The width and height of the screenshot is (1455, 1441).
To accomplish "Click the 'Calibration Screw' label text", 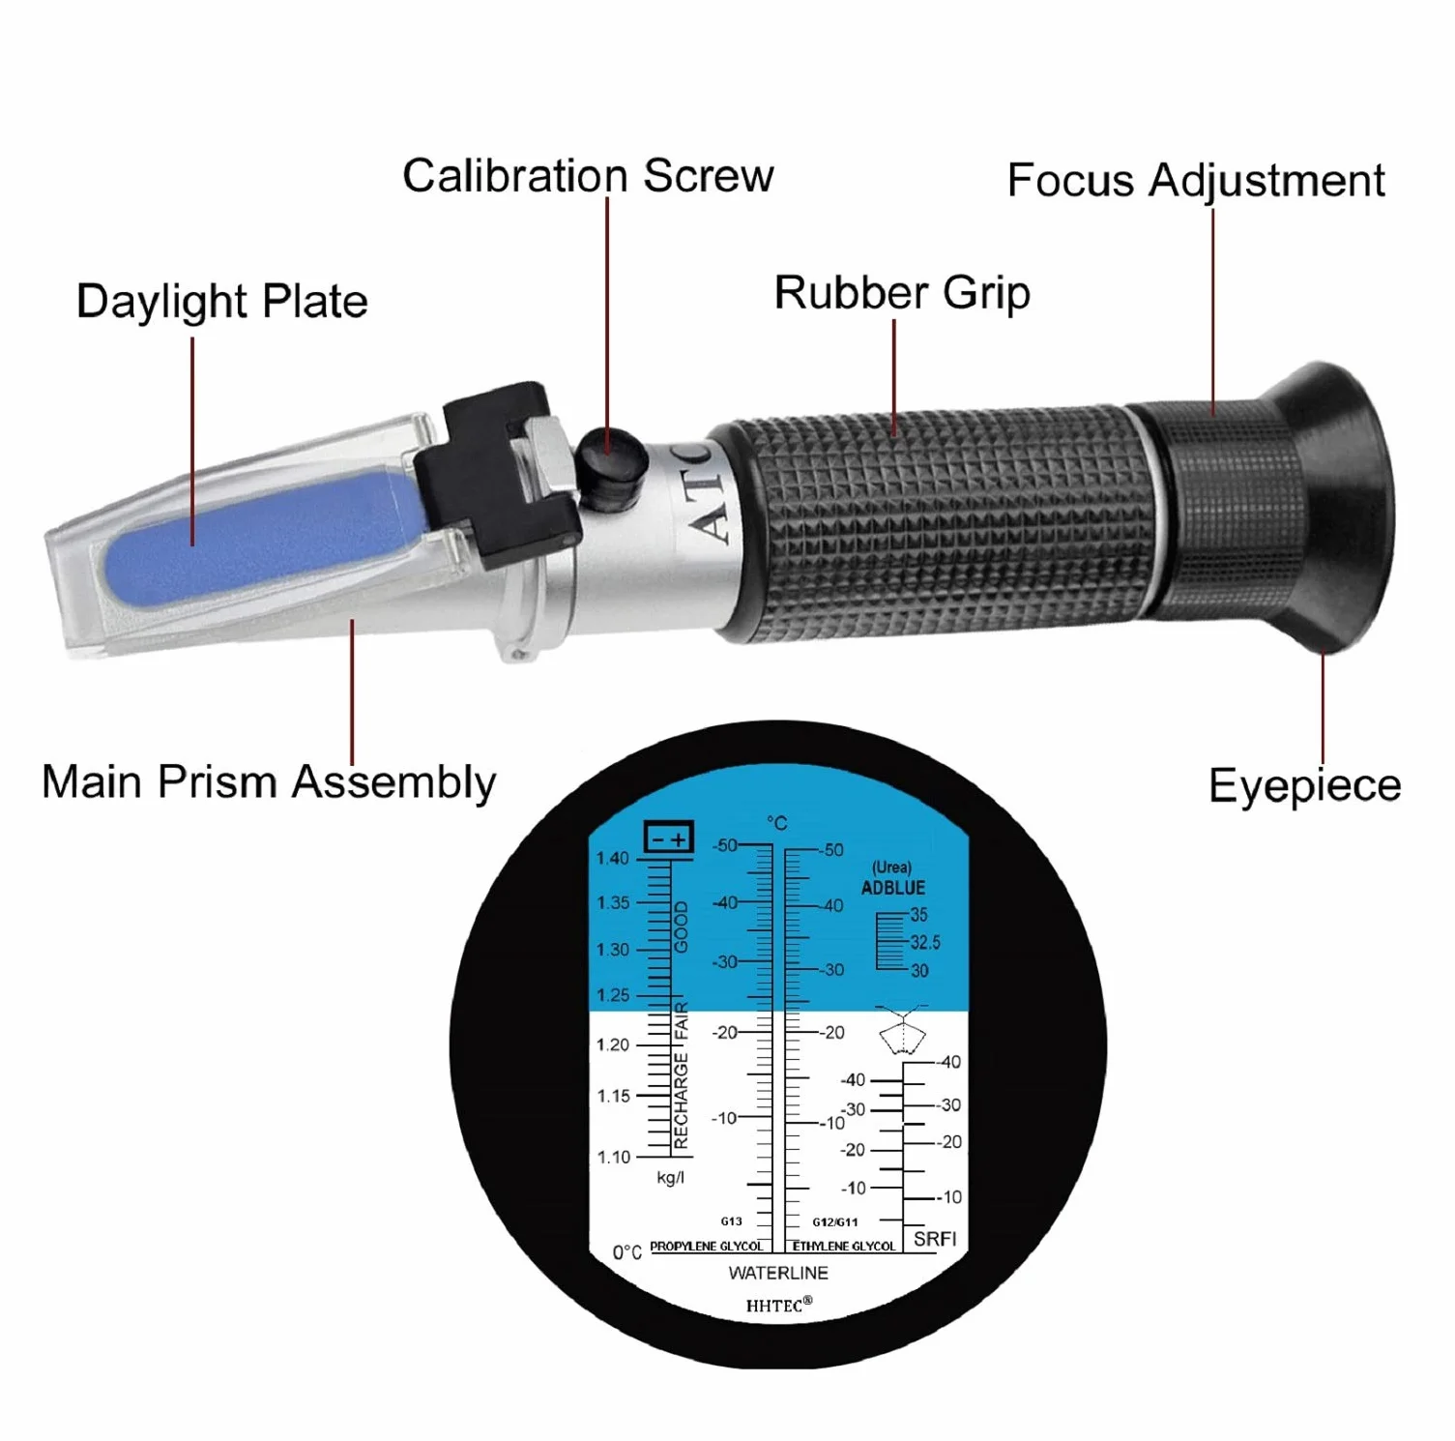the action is tap(588, 176).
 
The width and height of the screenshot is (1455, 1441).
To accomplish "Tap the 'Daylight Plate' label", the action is tap(222, 302).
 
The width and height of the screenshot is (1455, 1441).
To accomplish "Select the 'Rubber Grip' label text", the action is tap(902, 293).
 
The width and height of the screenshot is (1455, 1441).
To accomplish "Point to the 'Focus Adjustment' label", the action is tap(1196, 181).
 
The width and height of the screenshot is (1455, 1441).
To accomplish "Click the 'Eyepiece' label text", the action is tap(1305, 785).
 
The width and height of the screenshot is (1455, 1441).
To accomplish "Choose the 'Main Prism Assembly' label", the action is tap(269, 781).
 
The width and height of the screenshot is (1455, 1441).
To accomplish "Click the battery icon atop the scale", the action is tap(669, 838).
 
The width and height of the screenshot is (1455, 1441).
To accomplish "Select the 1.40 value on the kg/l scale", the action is tap(612, 859).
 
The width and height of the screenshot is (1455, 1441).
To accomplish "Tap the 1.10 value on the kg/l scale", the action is tap(613, 1157).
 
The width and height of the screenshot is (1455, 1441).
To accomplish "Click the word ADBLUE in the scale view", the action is tap(893, 888).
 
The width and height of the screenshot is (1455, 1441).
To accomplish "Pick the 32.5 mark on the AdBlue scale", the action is tap(925, 942).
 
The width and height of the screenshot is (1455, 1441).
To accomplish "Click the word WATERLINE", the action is tap(778, 1273).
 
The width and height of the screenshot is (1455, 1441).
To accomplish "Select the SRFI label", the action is tap(935, 1239).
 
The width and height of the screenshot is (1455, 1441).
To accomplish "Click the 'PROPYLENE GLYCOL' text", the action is tap(707, 1247).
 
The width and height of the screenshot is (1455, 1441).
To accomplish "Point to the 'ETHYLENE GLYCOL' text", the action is tap(844, 1247).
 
